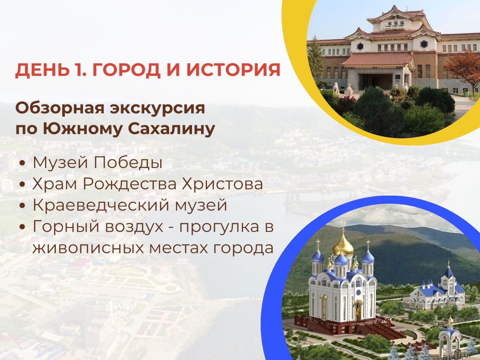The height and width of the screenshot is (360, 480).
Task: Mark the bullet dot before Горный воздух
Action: pyautogui.click(x=24, y=227)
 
